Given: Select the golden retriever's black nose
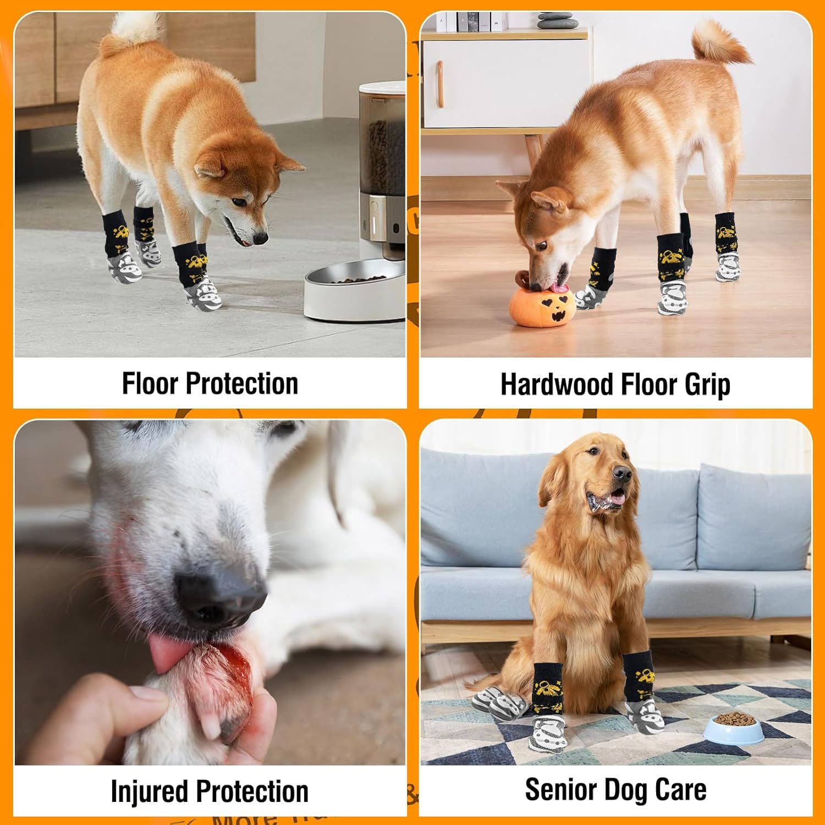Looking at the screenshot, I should click(x=622, y=474).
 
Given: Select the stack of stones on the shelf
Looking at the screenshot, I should click(x=556, y=20).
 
